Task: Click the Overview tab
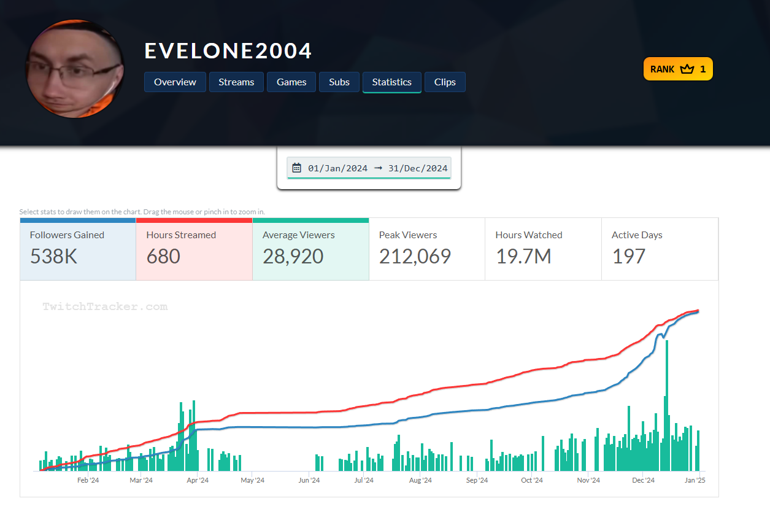[x=175, y=82]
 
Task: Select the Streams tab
[x=236, y=82]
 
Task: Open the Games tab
[x=291, y=82]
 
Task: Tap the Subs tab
[x=339, y=82]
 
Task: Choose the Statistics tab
[x=391, y=82]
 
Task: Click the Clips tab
[x=445, y=82]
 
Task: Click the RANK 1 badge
[x=678, y=69]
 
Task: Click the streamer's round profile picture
[x=74, y=69]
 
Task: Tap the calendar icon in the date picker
[x=297, y=168]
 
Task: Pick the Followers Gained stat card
[x=78, y=249]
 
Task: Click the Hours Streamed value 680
[x=163, y=257]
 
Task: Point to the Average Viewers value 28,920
[x=293, y=257]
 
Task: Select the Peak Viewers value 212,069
[x=415, y=257]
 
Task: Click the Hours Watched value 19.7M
[x=523, y=257]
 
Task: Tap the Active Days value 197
[x=628, y=257]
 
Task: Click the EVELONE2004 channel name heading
[x=228, y=51]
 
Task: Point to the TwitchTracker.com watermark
[x=105, y=306]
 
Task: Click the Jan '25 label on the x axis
[x=695, y=480]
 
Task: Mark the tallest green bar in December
[x=667, y=405]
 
